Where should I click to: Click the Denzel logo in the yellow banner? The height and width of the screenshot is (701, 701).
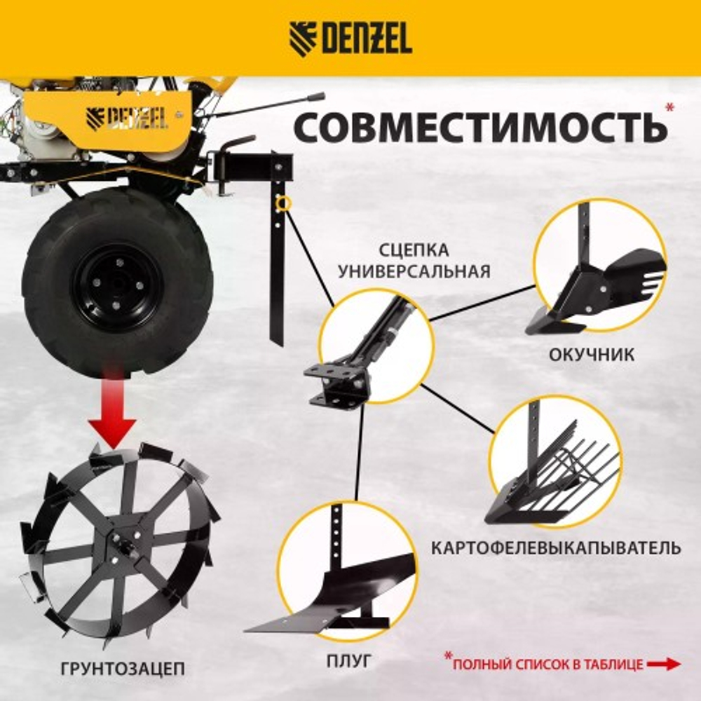(x=350, y=39)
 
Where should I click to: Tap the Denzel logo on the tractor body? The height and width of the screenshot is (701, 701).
(x=127, y=117)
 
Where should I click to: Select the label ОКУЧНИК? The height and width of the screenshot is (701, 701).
(x=592, y=355)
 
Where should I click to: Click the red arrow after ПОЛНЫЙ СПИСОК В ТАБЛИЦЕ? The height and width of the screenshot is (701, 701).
(x=663, y=664)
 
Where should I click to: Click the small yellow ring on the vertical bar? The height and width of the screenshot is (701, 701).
(x=284, y=203)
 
